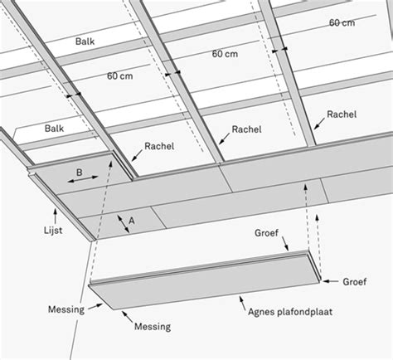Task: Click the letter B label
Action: click(x=79, y=173)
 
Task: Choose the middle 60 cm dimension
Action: click(x=225, y=54)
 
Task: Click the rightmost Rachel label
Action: click(x=342, y=114)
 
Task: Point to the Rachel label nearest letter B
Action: click(x=159, y=146)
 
